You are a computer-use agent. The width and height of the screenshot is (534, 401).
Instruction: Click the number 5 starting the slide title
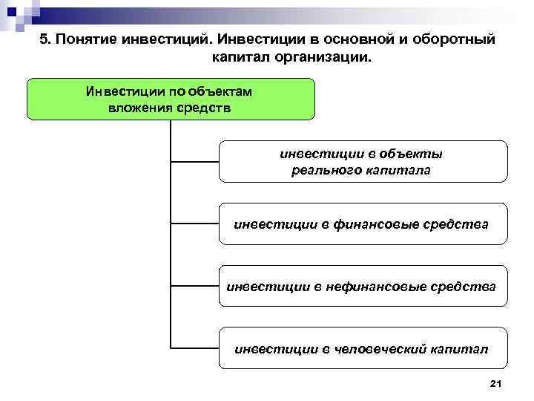pos(44,39)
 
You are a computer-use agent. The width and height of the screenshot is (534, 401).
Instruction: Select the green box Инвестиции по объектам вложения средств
pos(171,99)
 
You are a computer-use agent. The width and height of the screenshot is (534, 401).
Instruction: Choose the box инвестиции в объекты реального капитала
pos(362,162)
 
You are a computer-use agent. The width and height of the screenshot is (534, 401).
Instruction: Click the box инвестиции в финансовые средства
pos(362,223)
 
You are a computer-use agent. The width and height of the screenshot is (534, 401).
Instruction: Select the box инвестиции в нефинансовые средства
pos(362,285)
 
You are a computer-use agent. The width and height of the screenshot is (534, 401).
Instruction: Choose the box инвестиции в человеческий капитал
pos(362,347)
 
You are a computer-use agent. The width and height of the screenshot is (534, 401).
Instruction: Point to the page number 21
pos(496,382)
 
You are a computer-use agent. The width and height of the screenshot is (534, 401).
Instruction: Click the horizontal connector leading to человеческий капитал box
pos(194,347)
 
